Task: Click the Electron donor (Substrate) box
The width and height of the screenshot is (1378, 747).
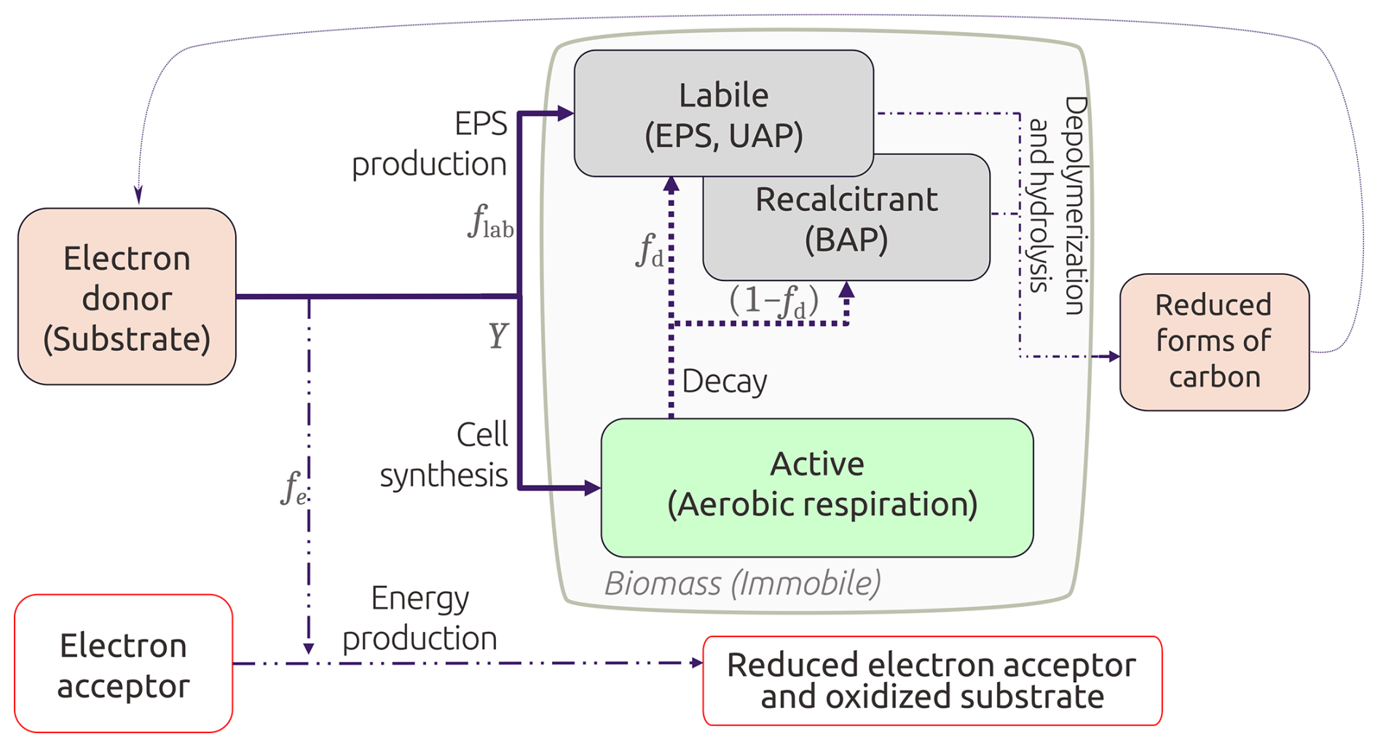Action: [x=127, y=297]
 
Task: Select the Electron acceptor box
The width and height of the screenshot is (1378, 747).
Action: [x=123, y=664]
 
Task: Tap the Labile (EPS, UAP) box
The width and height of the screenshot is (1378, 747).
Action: [x=723, y=114]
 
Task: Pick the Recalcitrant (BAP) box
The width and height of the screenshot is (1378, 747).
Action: [x=846, y=219]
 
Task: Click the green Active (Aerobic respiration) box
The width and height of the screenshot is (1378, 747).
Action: [x=817, y=486]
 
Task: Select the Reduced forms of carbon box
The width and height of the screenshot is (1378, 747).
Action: [x=1213, y=341]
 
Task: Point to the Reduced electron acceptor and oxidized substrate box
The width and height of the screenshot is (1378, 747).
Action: [x=932, y=681]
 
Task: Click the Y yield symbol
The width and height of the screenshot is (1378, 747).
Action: [x=497, y=336]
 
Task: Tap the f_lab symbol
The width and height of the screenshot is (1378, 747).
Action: [x=489, y=222]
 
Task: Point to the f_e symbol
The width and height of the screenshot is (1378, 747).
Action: [x=293, y=489]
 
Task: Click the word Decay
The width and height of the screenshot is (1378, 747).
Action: [x=724, y=382]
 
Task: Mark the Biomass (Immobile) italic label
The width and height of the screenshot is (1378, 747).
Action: [x=742, y=583]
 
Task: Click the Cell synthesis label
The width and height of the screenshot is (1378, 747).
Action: [x=444, y=455]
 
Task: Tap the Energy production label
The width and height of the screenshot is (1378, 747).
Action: [x=420, y=618]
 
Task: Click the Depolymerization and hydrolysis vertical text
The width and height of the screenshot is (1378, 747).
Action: [x=1057, y=205]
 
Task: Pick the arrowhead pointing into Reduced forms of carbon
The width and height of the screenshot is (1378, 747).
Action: [x=1114, y=356]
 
